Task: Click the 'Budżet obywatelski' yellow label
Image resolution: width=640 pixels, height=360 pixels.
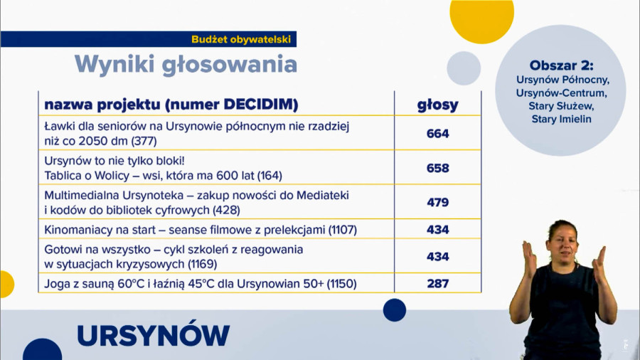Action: (241, 39)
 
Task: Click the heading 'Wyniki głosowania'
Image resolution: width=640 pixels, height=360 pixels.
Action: (186, 65)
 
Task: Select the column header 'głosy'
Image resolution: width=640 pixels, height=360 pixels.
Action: (437, 105)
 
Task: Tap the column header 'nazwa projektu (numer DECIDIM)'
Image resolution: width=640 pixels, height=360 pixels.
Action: (171, 105)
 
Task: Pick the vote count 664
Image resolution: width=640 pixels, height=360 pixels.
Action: (437, 134)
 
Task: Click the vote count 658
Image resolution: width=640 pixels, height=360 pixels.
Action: (437, 168)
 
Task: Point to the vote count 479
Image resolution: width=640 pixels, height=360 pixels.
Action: (437, 203)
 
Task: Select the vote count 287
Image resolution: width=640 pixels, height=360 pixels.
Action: (437, 283)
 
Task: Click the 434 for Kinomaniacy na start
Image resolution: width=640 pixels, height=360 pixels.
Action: (437, 230)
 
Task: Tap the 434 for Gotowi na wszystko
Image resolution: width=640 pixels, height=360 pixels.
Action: (437, 257)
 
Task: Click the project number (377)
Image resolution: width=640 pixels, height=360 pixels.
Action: (144, 141)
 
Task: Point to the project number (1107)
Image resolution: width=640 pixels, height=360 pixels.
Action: (343, 230)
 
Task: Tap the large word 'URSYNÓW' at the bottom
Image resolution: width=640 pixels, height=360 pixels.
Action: (153, 336)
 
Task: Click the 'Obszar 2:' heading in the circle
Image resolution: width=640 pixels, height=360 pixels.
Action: (561, 65)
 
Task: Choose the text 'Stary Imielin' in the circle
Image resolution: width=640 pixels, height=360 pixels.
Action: (561, 120)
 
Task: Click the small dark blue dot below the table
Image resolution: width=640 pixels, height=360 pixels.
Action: (395, 310)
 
